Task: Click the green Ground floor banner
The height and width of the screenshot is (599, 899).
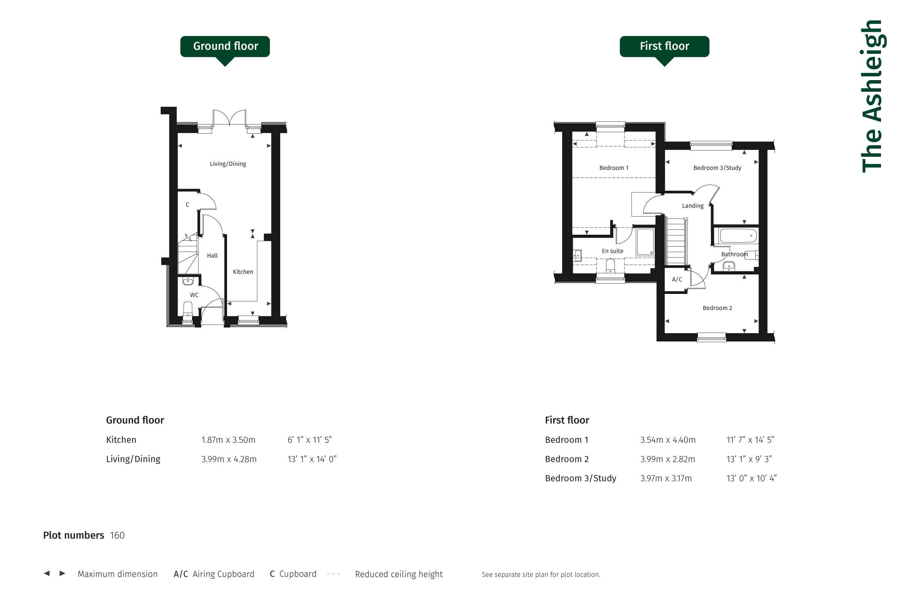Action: click(225, 46)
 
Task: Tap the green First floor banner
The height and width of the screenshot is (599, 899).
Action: click(664, 46)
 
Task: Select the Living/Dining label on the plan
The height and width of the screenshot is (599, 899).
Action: click(228, 164)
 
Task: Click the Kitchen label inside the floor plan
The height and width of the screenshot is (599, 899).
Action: click(243, 272)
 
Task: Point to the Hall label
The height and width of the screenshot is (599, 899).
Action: click(212, 256)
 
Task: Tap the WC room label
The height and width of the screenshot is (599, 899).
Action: click(194, 295)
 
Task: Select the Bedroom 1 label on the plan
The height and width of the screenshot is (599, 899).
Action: click(614, 168)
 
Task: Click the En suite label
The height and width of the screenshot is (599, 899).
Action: click(612, 251)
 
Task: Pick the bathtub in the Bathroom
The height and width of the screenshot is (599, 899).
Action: click(738, 236)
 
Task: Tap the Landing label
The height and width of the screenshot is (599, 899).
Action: click(693, 206)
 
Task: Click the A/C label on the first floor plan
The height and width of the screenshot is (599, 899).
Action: click(677, 280)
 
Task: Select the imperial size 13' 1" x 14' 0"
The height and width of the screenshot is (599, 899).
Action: click(312, 459)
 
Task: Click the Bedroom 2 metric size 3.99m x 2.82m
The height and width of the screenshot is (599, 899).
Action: click(668, 459)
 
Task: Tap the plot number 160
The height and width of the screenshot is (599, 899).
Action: click(117, 535)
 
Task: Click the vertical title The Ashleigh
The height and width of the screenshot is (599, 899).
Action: click(872, 96)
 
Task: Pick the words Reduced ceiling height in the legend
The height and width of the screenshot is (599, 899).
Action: click(399, 574)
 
